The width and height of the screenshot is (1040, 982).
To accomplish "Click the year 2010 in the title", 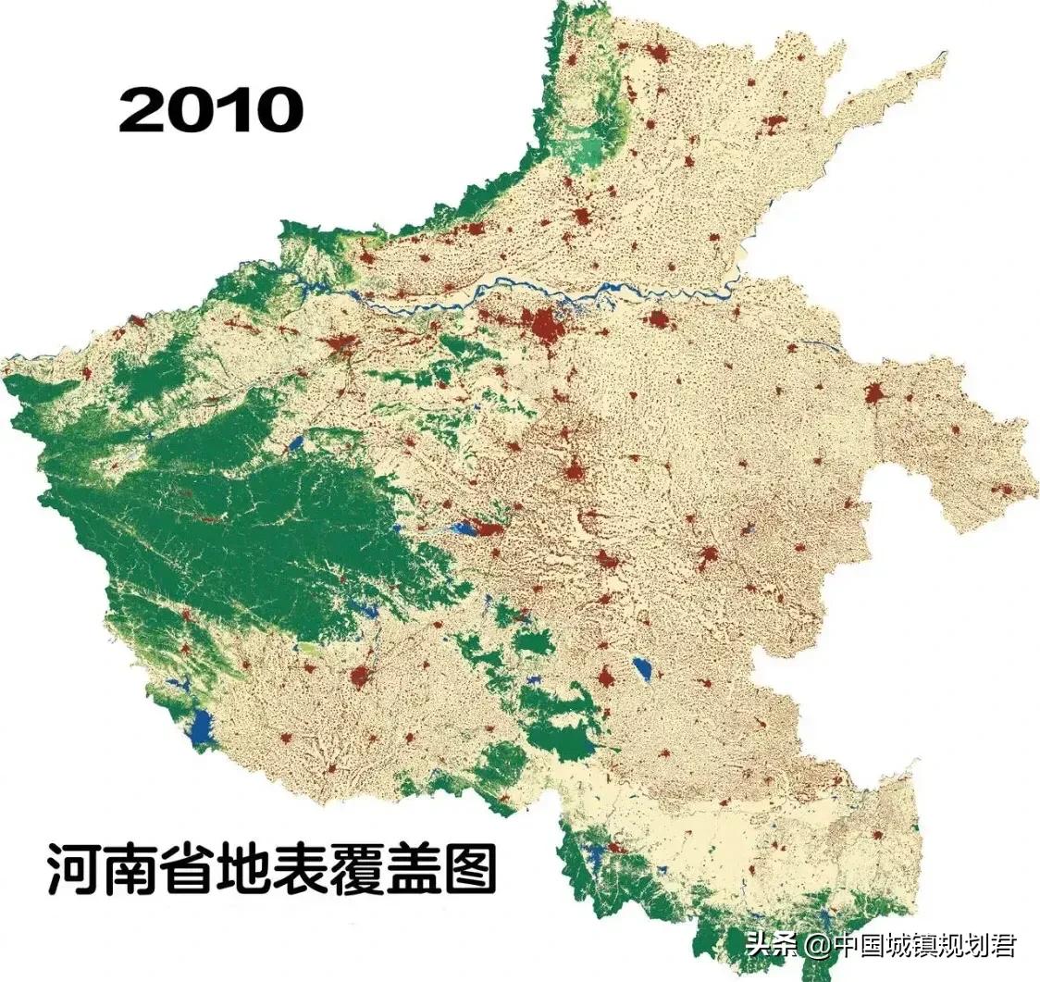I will point(211,110).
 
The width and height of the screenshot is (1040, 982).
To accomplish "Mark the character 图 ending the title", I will point(470,868).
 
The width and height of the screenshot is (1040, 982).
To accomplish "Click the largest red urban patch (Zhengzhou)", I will point(543,324).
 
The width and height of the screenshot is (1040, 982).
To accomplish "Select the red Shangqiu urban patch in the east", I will point(873,394).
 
